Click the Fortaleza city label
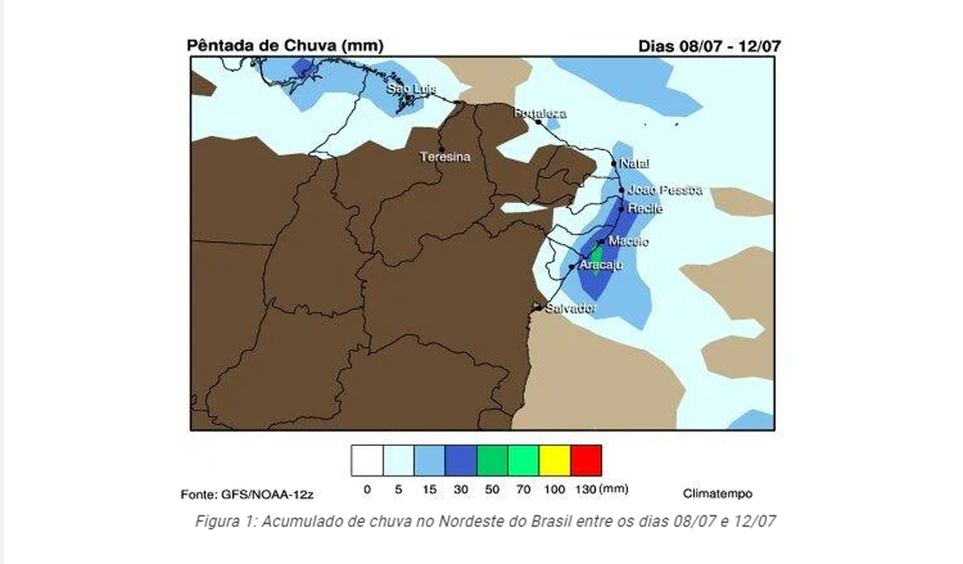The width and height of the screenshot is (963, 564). click(540, 114)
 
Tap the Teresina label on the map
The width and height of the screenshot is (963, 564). click(445, 157)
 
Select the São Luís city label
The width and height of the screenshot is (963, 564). click(411, 89)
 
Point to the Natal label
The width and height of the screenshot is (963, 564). click(635, 163)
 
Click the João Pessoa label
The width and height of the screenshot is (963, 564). click(665, 190)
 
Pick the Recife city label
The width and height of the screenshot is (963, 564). click(645, 208)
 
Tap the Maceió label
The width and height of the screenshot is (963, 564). click(628, 241)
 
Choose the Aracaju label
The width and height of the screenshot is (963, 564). click(600, 265)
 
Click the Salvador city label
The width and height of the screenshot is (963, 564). click(571, 308)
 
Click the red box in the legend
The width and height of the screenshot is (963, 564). click(586, 461)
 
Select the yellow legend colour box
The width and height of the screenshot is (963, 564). click(554, 461)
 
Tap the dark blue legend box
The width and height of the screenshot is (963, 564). click(461, 461)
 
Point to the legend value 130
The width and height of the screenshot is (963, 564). click(586, 490)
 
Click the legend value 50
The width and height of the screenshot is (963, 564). click(492, 490)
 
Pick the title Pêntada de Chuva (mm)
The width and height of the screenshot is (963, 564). click(285, 45)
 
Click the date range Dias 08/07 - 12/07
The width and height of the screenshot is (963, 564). click(709, 45)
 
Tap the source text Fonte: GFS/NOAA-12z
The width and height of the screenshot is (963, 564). click(246, 494)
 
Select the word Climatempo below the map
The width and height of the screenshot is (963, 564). click(717, 494)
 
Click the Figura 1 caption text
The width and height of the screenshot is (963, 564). click(485, 521)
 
